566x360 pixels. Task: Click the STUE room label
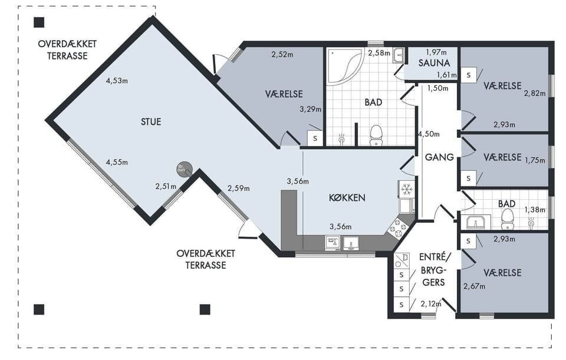click(151, 122)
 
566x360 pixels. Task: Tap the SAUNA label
click(435, 63)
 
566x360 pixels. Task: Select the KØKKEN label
click(347, 197)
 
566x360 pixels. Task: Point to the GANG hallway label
click(439, 157)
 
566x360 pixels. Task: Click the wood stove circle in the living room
click(184, 169)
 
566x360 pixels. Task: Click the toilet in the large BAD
click(376, 136)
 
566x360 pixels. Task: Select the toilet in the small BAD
click(508, 219)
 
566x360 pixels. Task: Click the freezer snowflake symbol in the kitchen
click(407, 189)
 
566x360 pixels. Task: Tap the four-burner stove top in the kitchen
click(398, 229)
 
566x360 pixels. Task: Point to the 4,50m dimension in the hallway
click(429, 134)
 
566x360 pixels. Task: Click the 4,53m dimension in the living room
click(117, 81)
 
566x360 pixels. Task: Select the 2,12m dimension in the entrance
click(431, 304)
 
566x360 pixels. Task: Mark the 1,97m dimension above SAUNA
click(436, 52)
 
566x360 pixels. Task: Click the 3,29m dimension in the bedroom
click(311, 110)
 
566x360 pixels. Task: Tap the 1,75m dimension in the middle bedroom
click(535, 160)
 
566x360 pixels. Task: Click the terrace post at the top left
click(39, 22)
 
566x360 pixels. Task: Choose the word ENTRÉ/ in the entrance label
click(435, 257)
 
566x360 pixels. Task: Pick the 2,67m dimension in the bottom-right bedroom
click(474, 286)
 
